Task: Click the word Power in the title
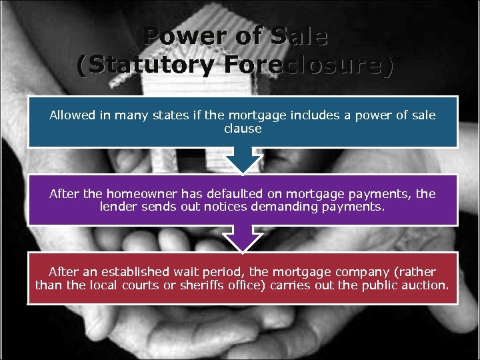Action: pyautogui.click(x=175, y=36)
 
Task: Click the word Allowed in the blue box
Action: pyautogui.click(x=73, y=115)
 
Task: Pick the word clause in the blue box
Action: pyautogui.click(x=243, y=128)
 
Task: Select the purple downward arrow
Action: pyautogui.click(x=242, y=238)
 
